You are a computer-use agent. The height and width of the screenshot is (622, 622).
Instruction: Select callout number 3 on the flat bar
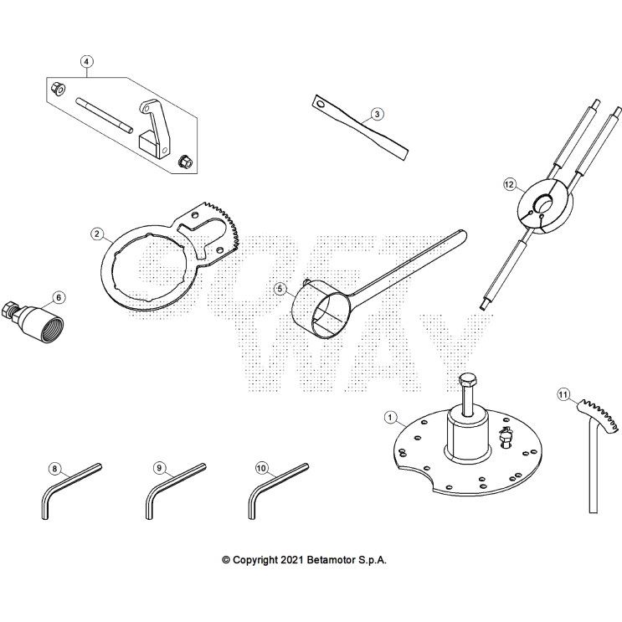click(x=377, y=114)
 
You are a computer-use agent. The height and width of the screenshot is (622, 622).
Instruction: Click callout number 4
click(x=87, y=61)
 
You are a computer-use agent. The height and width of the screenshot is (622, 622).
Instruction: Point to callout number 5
click(x=281, y=289)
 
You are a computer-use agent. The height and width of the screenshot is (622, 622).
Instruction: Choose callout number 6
click(x=58, y=296)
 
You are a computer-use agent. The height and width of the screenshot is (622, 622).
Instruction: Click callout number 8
click(x=55, y=469)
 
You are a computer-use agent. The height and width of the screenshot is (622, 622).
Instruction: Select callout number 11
click(x=563, y=393)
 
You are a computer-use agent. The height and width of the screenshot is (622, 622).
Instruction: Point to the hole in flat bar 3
click(x=319, y=103)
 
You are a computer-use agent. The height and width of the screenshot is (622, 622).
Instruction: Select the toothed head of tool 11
click(x=599, y=414)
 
